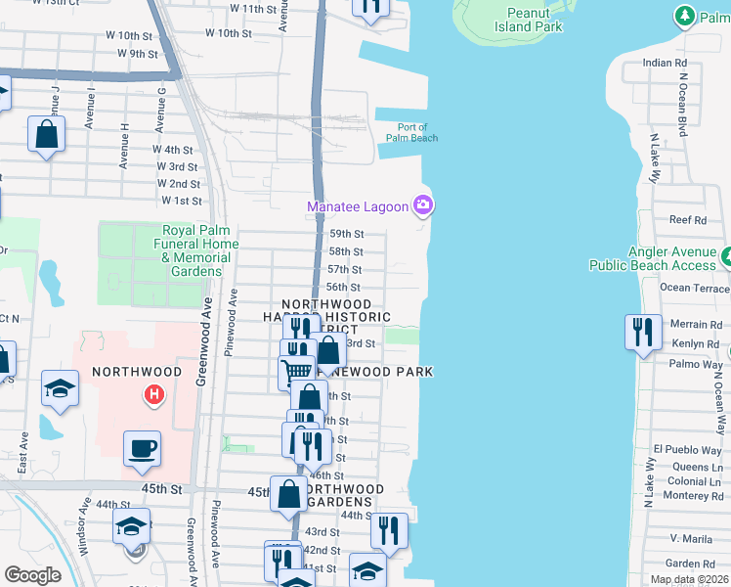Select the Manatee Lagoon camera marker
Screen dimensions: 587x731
point(423,205)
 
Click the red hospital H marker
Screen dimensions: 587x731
point(153,395)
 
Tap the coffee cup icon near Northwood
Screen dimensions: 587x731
point(142,448)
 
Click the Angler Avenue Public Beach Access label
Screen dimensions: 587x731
point(653,258)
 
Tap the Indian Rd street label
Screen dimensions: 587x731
point(666,63)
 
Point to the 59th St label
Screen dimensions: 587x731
point(346,234)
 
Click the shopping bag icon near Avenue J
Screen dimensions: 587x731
point(47,134)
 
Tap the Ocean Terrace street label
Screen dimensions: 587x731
point(694,288)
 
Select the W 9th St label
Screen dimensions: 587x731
point(138,54)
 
